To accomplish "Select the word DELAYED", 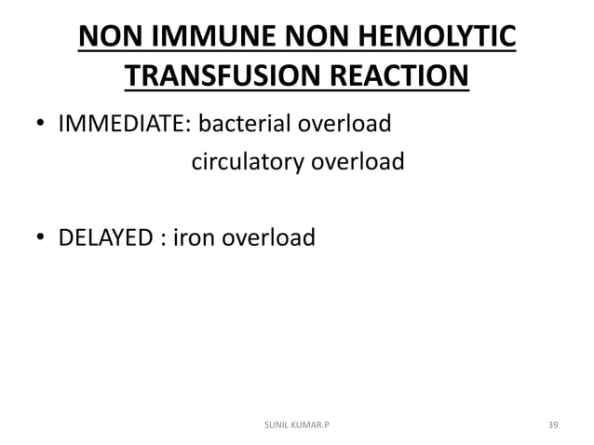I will (104, 239).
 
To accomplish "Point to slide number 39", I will (553, 425).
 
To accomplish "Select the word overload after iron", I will (263, 239).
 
